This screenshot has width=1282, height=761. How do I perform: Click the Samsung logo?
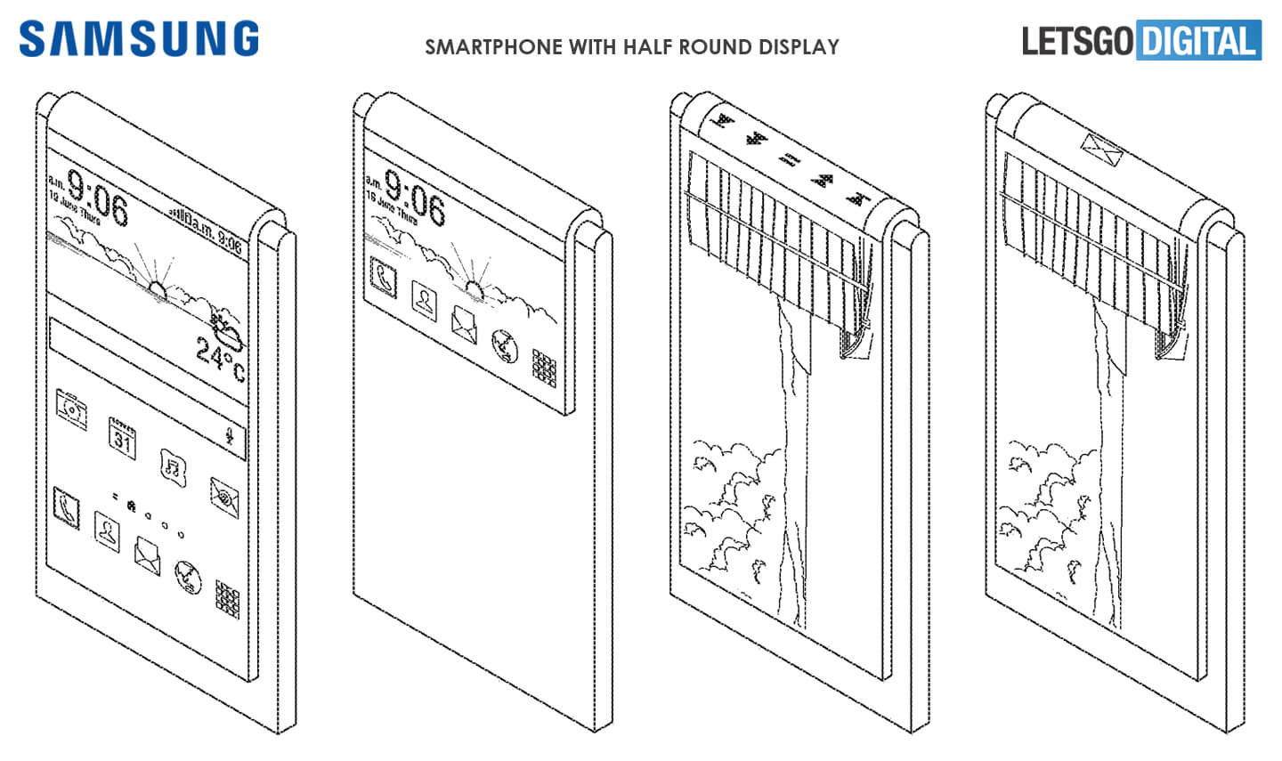139,39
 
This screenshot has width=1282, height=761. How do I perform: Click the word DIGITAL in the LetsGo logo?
1199,41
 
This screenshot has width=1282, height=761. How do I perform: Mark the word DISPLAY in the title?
799,47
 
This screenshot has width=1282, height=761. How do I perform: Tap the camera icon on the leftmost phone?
70,409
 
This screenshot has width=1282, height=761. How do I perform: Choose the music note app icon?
172,466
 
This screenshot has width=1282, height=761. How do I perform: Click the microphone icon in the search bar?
230,436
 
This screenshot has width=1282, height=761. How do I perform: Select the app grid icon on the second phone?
544,368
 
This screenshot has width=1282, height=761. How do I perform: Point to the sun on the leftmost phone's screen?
158,288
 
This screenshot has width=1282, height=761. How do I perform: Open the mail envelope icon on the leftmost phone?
147,554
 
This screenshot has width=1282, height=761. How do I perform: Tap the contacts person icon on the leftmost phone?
108,531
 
